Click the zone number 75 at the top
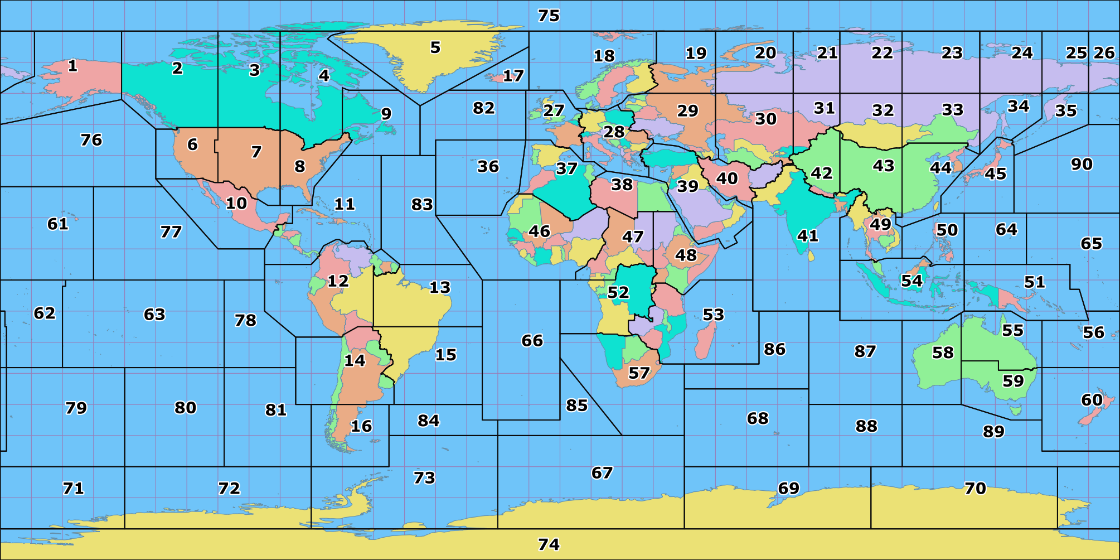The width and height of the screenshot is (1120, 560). click(x=549, y=16)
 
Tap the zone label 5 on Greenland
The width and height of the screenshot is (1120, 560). click(x=435, y=47)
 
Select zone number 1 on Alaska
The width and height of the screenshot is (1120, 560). click(x=72, y=66)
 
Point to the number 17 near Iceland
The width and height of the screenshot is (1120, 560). click(x=513, y=76)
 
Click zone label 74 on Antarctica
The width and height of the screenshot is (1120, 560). click(x=549, y=544)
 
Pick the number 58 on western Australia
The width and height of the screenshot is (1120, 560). click(x=943, y=353)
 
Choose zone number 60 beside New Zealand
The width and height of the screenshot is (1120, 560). click(x=1092, y=400)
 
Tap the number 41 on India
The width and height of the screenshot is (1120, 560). click(x=808, y=236)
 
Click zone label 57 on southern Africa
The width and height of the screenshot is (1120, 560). click(x=639, y=373)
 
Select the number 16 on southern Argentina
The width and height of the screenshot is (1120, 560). click(x=361, y=426)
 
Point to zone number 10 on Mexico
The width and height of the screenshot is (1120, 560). click(x=236, y=203)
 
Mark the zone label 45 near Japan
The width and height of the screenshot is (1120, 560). click(x=995, y=174)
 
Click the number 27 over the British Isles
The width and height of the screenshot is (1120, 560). click(x=554, y=110)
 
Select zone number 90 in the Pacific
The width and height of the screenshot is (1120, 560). click(x=1082, y=164)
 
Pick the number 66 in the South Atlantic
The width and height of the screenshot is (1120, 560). click(x=532, y=340)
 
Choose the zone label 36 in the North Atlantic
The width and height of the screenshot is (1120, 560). click(x=488, y=166)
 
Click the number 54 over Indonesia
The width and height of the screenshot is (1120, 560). click(x=911, y=281)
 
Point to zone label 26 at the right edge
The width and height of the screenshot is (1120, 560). click(x=1104, y=53)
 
